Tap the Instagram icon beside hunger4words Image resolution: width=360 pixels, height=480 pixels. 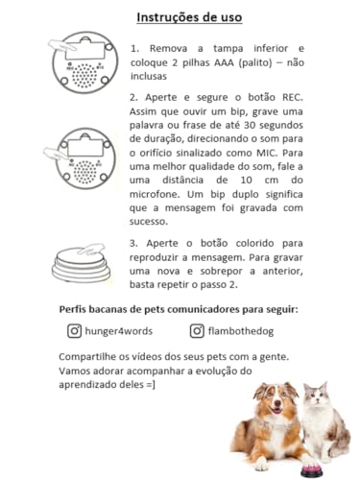(x=74, y=330)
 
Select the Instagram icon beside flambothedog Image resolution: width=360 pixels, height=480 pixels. (x=197, y=330)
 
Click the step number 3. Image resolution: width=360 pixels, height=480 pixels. (x=134, y=244)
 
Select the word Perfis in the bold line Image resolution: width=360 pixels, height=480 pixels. (x=77, y=308)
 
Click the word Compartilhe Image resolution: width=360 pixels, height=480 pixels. (x=94, y=356)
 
